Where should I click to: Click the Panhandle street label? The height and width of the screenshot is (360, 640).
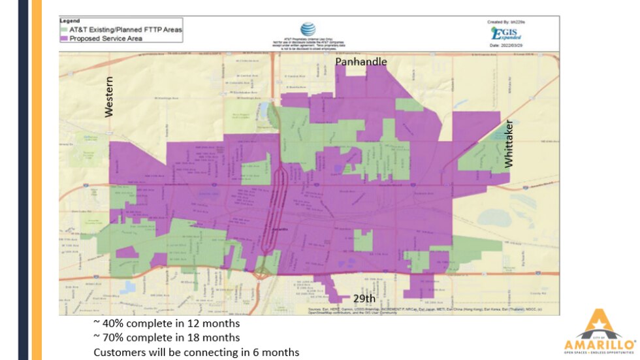tap(361, 61)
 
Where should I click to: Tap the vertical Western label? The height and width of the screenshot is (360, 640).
tap(108, 97)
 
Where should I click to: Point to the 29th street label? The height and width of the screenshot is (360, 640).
tap(364, 298)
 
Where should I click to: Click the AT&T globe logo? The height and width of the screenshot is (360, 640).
tap(308, 29)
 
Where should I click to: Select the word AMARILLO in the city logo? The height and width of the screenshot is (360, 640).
tap(599, 343)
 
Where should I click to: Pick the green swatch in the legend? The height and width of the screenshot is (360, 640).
tap(64, 29)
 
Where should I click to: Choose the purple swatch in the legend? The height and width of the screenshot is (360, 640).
tap(64, 38)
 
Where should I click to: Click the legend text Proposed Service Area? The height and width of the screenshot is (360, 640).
tap(106, 38)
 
